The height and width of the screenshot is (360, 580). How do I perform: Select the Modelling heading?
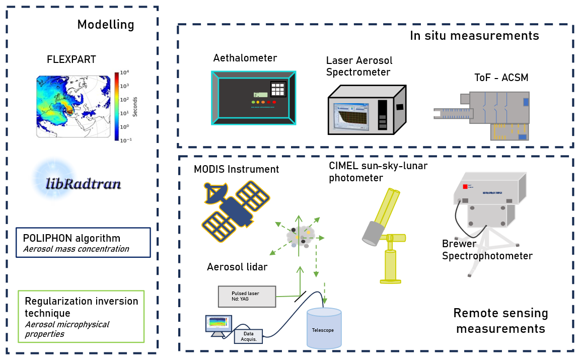point(106,25)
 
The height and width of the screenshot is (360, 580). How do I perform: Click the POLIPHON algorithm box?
point(83,243)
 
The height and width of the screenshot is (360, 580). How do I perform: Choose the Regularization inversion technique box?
point(81,316)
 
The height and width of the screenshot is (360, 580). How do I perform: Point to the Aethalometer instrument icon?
point(253,97)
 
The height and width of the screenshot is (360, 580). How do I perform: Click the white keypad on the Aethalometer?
point(278,90)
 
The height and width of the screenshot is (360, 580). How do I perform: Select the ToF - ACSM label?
point(501,78)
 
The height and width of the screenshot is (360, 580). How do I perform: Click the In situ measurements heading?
point(474,36)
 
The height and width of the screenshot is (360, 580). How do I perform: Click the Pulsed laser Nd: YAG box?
point(247,297)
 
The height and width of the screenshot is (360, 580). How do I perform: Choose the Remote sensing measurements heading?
point(500,321)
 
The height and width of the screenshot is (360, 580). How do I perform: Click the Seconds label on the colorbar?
point(135,106)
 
